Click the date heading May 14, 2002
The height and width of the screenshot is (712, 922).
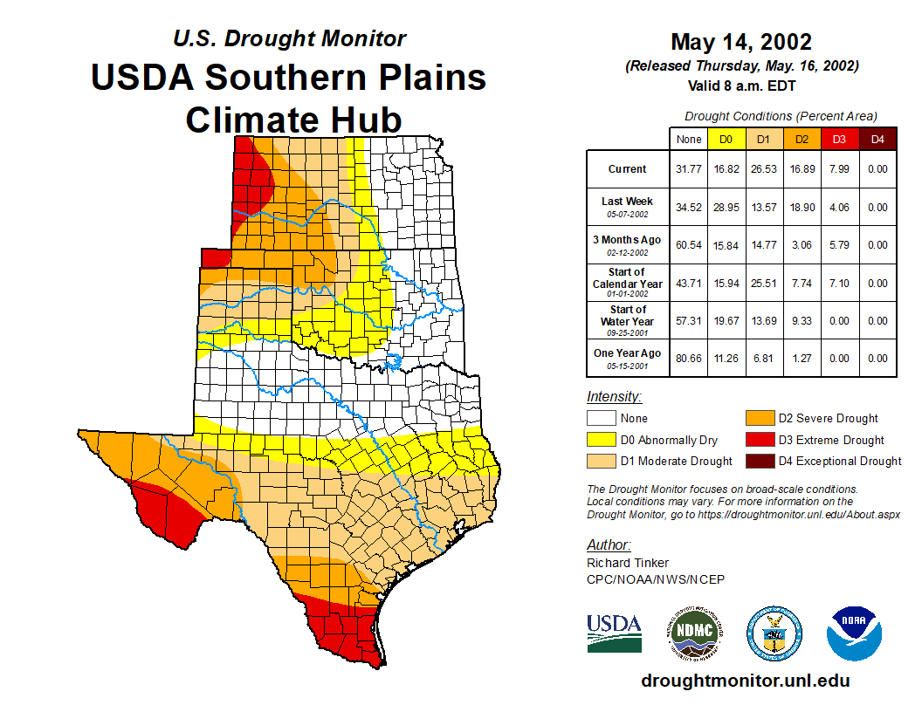[x=741, y=42]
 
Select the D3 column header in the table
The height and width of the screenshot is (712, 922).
[x=839, y=139]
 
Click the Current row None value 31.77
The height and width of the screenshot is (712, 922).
[x=689, y=169]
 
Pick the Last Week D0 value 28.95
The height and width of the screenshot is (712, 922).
[x=726, y=208]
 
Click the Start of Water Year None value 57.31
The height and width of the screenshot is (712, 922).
[x=689, y=320]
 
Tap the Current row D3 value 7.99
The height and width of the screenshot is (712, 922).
[x=839, y=169]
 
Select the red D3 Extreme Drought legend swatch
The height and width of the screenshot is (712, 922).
[x=759, y=440]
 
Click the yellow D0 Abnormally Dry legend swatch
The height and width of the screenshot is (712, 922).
[x=602, y=440]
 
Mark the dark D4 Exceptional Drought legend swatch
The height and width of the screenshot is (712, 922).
[x=759, y=461]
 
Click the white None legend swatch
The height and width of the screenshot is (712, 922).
[x=602, y=418]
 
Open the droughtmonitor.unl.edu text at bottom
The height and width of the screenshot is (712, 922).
[x=745, y=681]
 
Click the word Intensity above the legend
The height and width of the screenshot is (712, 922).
[x=614, y=397]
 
